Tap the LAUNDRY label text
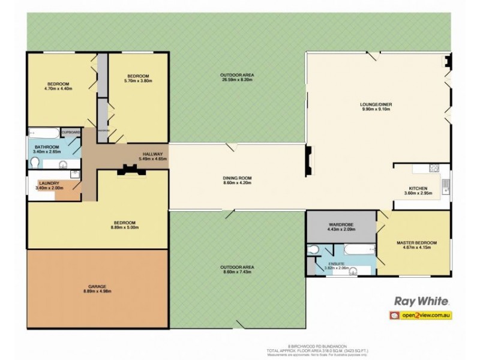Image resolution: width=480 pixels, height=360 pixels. pyautogui.click(x=48, y=183)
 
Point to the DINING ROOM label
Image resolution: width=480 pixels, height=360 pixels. pyautogui.click(x=236, y=178)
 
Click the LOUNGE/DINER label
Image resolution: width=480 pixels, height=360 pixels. pyautogui.click(x=377, y=104)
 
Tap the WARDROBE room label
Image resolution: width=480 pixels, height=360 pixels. pyautogui.click(x=340, y=224)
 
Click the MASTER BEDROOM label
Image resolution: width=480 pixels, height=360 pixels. pyautogui.click(x=416, y=242)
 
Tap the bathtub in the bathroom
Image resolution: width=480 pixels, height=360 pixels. pyautogui.click(x=44, y=133)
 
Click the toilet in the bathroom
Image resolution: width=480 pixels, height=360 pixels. pyautogui.click(x=34, y=163)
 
